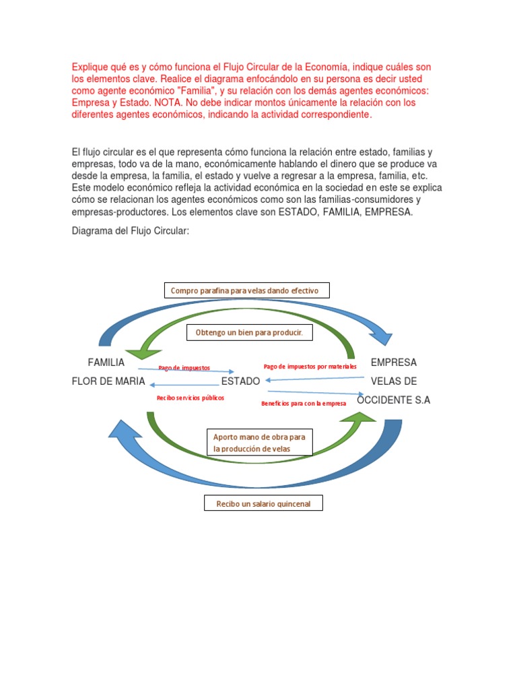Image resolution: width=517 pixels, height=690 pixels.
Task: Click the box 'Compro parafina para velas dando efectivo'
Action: [x=246, y=290]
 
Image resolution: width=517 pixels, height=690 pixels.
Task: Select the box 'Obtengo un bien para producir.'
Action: [x=249, y=333]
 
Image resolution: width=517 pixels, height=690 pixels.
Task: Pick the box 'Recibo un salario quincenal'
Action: [x=263, y=503]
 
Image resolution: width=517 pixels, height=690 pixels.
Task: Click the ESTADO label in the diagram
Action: [x=240, y=381]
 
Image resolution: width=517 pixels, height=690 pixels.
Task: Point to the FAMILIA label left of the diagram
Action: [x=106, y=363]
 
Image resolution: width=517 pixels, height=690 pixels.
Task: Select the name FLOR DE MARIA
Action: [x=108, y=381]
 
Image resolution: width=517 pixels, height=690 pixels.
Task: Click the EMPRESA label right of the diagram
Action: [x=394, y=363]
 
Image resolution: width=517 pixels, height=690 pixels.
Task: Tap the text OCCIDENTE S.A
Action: [x=393, y=400]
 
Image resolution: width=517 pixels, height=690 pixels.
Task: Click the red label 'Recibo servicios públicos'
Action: [x=191, y=398]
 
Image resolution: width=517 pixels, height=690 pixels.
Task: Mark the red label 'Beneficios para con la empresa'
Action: [x=304, y=403]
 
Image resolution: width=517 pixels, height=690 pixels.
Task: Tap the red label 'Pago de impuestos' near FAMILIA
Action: [x=184, y=368]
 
